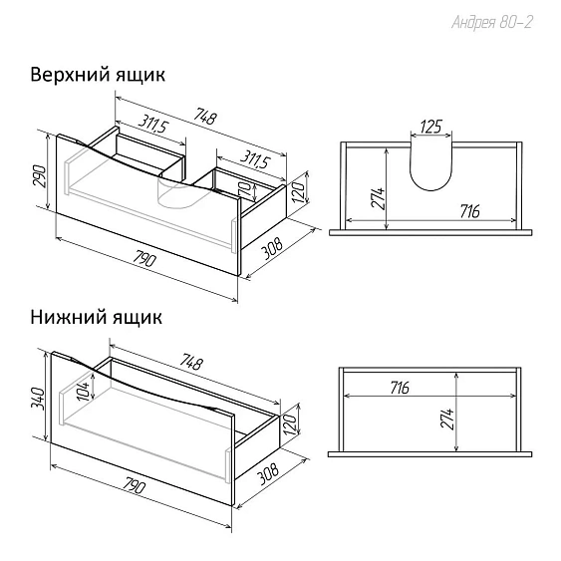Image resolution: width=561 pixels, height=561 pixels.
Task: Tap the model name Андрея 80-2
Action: point(492,23)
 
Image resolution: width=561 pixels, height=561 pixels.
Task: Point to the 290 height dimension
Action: point(39,176)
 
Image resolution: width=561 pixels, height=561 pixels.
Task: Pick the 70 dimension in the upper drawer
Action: point(246,189)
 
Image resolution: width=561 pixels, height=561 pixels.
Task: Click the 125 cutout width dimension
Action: point(431,127)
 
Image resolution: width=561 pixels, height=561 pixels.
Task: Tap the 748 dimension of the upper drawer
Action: point(204,116)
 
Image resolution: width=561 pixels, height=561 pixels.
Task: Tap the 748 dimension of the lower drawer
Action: point(190,362)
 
